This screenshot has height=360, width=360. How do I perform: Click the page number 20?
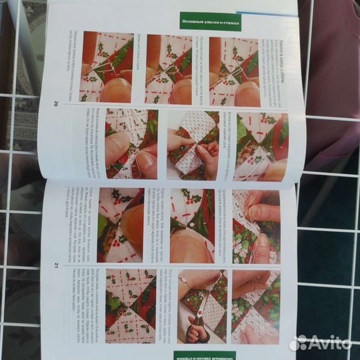pyautogui.click(x=55, y=103)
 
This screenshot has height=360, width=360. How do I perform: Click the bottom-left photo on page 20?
pyautogui.click(x=131, y=144)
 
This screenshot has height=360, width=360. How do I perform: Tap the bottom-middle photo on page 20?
pyautogui.click(x=193, y=144)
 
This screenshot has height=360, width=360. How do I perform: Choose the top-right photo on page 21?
pyautogui.click(x=256, y=227)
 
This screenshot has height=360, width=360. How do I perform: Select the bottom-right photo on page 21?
pyautogui.click(x=256, y=307)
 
